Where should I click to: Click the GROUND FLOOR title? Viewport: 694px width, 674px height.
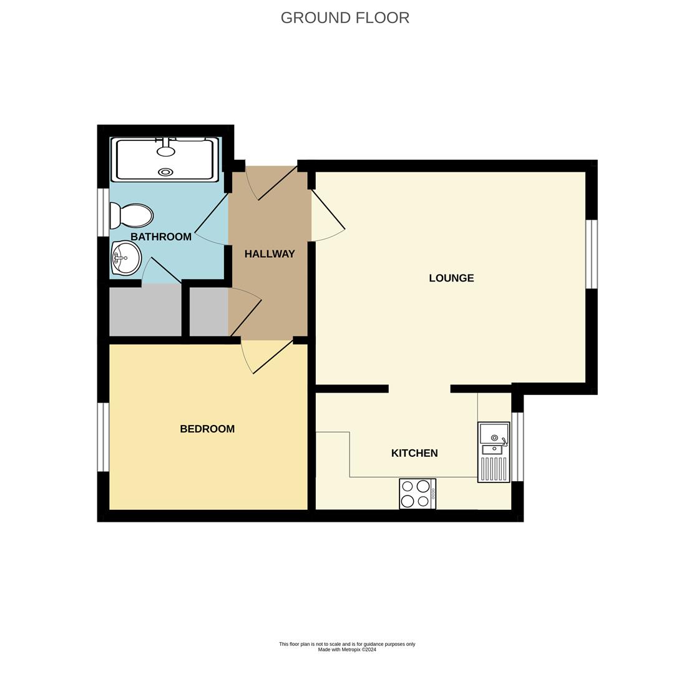[x=345, y=17]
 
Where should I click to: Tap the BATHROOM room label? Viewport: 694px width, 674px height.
[x=161, y=237]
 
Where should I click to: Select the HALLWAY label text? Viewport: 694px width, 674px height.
[x=270, y=254]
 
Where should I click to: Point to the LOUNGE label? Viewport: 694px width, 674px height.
[x=451, y=278]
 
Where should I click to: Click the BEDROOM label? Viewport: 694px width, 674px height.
[x=207, y=429]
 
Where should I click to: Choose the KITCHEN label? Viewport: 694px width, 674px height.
[x=414, y=453]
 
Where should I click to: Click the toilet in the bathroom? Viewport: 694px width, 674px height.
[x=132, y=216]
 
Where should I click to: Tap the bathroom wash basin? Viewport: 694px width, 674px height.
[x=126, y=258]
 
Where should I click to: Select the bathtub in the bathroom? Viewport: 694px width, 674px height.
[x=165, y=160]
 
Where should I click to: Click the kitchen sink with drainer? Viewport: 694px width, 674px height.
[x=494, y=452]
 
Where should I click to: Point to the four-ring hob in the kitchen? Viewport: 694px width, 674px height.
[x=417, y=494]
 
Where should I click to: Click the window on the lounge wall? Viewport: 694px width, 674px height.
[x=591, y=254]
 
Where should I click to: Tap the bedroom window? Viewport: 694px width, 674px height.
[x=103, y=437]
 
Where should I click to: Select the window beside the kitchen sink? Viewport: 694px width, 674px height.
[x=517, y=447]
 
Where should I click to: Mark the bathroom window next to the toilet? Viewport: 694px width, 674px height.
[x=103, y=212]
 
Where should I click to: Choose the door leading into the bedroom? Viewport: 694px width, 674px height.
[x=272, y=357]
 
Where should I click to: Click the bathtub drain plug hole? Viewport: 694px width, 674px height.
[x=165, y=172]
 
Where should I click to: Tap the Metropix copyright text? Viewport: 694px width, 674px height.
[x=347, y=650]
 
